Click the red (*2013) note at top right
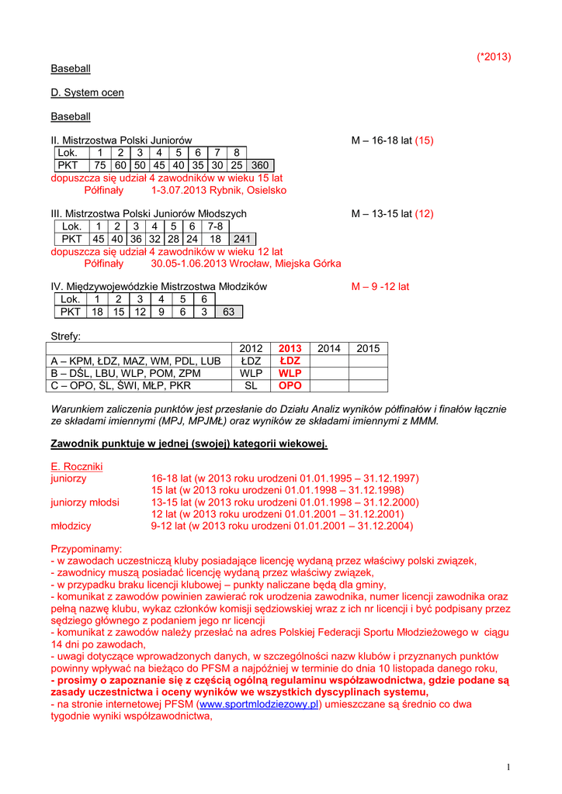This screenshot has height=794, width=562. click(x=494, y=57)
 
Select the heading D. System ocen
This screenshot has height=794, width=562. click(x=87, y=92)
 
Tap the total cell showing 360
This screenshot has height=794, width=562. click(x=260, y=165)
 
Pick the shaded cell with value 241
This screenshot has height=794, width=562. click(x=242, y=239)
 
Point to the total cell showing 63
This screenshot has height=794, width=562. click(x=228, y=312)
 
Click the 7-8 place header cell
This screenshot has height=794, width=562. click(x=215, y=226)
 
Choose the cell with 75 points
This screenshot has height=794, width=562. click(x=99, y=165)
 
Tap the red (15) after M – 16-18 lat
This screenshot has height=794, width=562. click(x=424, y=140)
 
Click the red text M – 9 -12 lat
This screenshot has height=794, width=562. click(x=380, y=287)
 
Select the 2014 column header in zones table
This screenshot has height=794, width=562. click(x=329, y=349)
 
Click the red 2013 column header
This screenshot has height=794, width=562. click(x=290, y=349)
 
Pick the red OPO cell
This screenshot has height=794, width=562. click(x=290, y=385)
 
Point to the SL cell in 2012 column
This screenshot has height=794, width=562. click(x=251, y=385)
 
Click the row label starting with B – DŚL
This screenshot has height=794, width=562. click(x=125, y=373)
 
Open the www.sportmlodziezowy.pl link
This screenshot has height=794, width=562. click(x=259, y=705)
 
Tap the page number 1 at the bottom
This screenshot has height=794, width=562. click(x=508, y=768)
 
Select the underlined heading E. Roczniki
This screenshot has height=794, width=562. click(x=76, y=467)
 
